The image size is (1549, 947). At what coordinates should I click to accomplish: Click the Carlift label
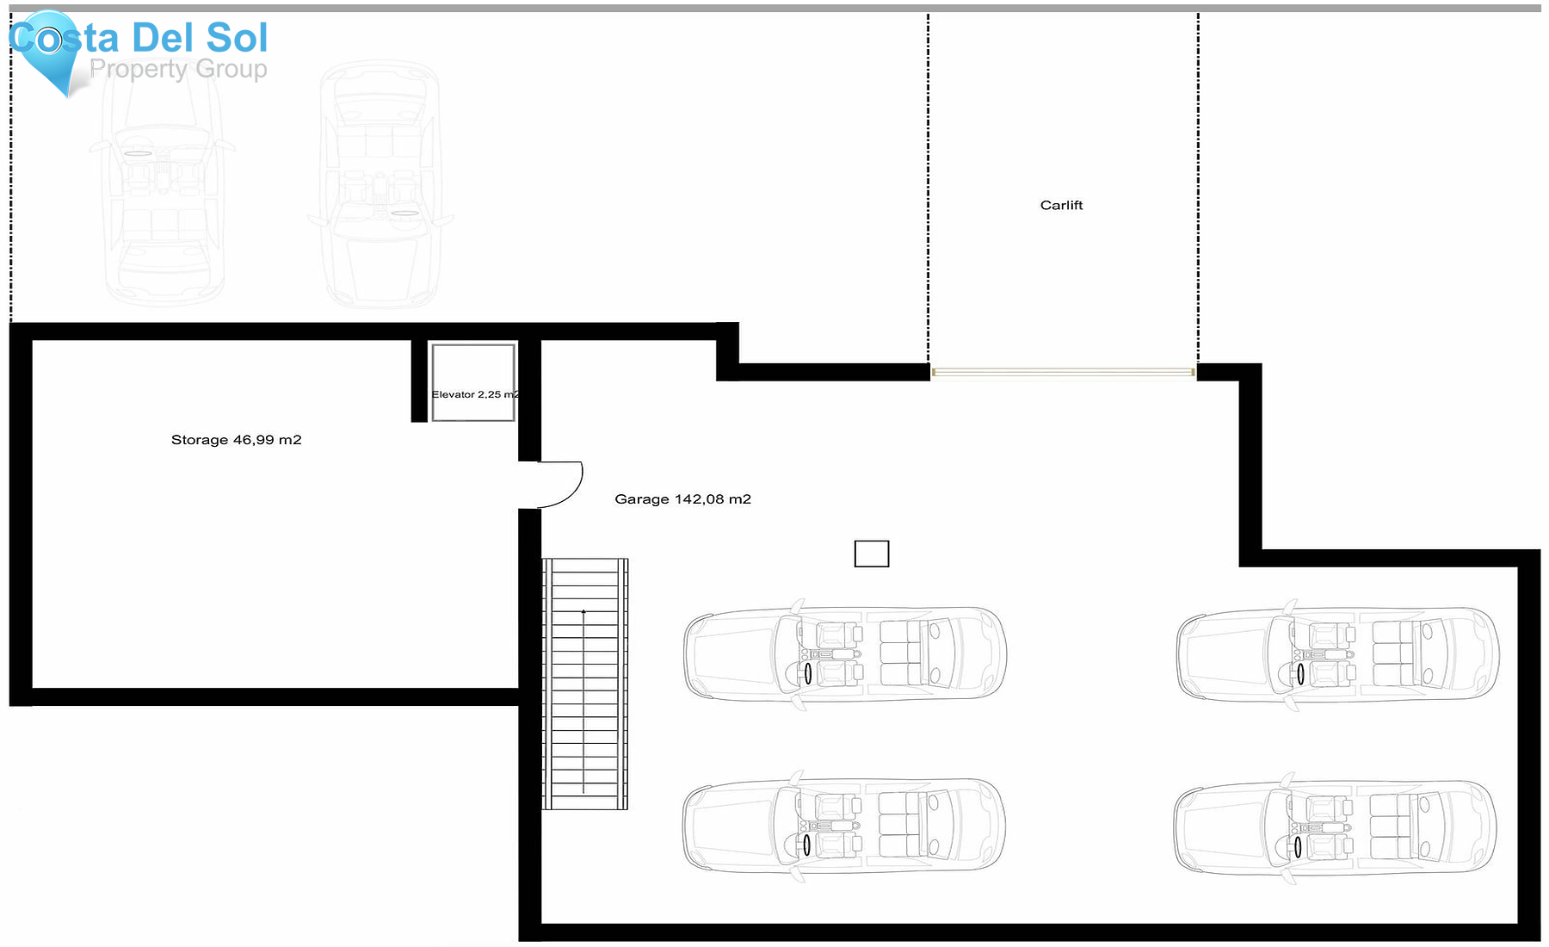pyautogui.click(x=1061, y=205)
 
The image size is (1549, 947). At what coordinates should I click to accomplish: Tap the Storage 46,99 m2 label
pyautogui.click(x=236, y=440)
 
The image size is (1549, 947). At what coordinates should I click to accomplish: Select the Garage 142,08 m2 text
pyautogui.click(x=682, y=499)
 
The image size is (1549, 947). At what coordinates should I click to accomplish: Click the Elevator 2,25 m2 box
pyautogui.click(x=473, y=383)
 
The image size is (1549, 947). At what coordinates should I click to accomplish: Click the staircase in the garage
pyautogui.click(x=585, y=684)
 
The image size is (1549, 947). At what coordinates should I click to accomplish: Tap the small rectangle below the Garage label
pyautogui.click(x=871, y=554)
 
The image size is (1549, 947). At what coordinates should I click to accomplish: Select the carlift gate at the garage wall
pyautogui.click(x=1063, y=372)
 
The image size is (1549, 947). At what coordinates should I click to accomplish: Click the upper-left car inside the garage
pyautogui.click(x=845, y=654)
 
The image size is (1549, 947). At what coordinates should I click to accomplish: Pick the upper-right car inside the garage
pyautogui.click(x=1338, y=654)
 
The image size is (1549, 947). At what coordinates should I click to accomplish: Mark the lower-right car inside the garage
pyautogui.click(x=1336, y=826)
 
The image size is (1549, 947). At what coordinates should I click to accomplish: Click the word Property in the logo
pyautogui.click(x=139, y=69)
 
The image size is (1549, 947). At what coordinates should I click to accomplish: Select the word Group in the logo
pyautogui.click(x=231, y=69)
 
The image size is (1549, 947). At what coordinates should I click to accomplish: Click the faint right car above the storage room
pyautogui.click(x=380, y=185)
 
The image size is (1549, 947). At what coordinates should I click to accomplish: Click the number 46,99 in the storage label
pyautogui.click(x=253, y=440)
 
